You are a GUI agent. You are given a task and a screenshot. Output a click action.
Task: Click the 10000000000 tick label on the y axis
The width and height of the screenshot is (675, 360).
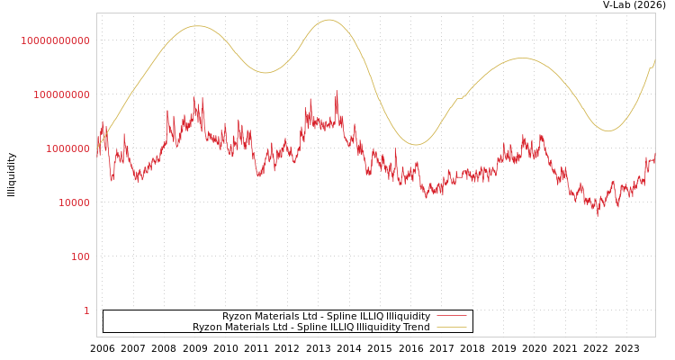pos(55,40)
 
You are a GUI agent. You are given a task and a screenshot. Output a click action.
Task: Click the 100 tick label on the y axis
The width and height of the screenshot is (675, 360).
pos(80,256)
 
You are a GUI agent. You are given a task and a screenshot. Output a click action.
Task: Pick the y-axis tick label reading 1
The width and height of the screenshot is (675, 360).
pos(86,310)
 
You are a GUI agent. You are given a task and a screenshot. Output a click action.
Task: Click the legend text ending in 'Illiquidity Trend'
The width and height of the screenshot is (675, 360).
pos(310,327)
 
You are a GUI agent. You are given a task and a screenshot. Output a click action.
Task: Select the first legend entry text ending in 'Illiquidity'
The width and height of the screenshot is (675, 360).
pos(326,316)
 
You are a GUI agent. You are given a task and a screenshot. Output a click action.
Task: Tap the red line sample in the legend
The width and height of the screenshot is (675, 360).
pos(451,316)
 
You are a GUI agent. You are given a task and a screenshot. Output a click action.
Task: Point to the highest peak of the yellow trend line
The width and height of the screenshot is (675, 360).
pos(328,20)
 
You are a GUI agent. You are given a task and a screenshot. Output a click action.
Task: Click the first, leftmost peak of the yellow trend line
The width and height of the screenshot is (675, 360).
pos(197,26)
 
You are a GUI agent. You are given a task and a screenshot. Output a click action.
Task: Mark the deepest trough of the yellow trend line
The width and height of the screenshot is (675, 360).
pos(416,144)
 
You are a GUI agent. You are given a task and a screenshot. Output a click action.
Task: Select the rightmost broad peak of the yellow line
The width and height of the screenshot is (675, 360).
pos(522,58)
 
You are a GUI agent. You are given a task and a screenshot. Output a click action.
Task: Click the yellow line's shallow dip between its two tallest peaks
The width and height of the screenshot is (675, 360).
pos(265,72)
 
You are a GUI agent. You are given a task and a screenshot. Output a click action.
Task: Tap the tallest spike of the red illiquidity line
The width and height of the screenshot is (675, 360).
pos(337,91)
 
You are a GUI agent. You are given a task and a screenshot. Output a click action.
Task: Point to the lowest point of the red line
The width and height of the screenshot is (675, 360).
pos(597,216)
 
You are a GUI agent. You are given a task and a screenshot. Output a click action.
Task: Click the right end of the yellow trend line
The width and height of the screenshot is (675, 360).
pos(654,60)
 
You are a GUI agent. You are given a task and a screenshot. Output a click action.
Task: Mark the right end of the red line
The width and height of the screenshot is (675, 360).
pos(654,160)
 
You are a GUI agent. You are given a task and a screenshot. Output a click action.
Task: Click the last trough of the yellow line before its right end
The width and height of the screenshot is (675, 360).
pos(608,130)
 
